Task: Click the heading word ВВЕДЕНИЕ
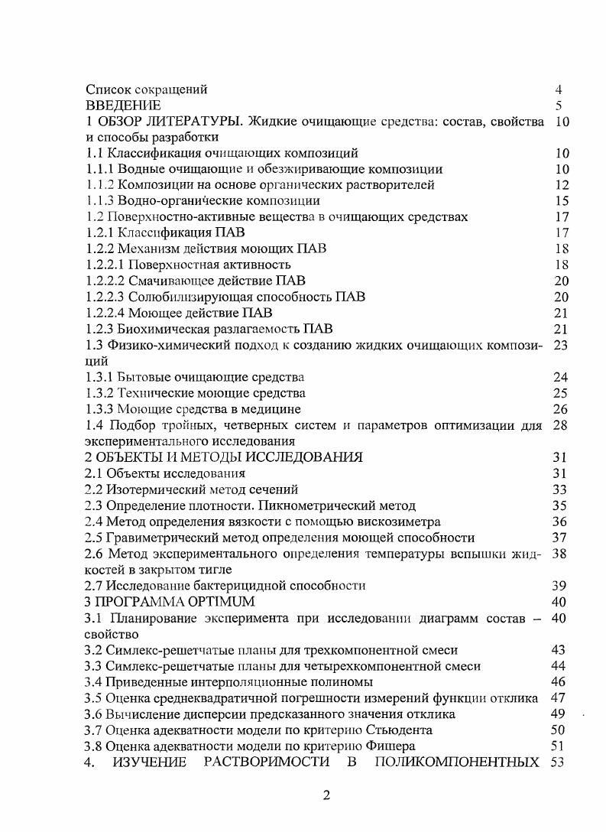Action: click(x=123, y=105)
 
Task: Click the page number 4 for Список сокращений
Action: click(x=559, y=89)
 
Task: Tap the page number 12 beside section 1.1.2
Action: click(x=562, y=184)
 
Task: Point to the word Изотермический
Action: click(x=156, y=489)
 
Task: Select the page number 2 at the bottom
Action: click(x=326, y=795)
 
